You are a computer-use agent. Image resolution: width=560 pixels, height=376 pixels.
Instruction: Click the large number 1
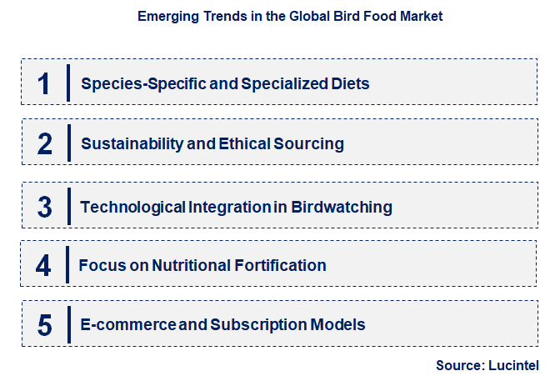44,83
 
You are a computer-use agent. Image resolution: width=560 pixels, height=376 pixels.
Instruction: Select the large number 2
45,143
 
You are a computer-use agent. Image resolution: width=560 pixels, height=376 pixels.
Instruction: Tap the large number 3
45,206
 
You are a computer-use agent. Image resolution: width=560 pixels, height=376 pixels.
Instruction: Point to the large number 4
43,266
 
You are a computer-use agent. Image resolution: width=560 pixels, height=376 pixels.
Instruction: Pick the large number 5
45,324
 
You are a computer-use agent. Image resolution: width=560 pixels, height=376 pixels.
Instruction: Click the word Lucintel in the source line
511,365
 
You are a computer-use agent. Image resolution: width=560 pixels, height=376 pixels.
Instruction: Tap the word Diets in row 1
350,83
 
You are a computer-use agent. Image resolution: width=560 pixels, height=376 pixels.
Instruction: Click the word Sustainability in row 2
132,143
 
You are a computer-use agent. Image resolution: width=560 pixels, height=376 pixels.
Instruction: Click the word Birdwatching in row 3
342,206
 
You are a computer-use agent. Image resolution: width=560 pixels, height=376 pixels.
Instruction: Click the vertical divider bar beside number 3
68,205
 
